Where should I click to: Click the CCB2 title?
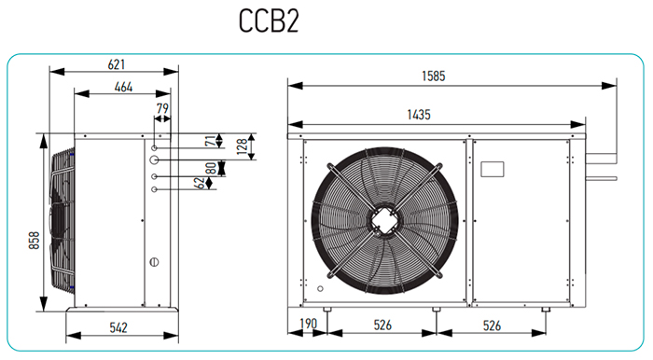[269, 21]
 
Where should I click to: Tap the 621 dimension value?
[117, 64]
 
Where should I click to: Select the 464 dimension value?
[123, 87]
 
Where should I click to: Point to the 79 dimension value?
[162, 108]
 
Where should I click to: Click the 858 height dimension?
[35, 240]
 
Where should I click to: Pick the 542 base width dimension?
[118, 327]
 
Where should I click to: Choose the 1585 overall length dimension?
[434, 76]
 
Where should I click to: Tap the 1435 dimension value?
[419, 115]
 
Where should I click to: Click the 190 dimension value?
[309, 324]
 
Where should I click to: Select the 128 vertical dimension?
[242, 146]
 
